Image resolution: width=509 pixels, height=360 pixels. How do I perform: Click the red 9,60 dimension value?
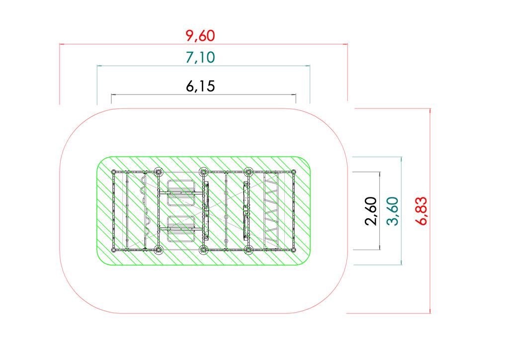tap(200, 36)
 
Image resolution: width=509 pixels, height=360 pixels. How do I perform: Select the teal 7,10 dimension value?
tap(200, 58)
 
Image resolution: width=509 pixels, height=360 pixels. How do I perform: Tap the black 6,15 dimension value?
tap(200, 87)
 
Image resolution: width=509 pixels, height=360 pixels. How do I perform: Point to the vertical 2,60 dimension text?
tap(371, 211)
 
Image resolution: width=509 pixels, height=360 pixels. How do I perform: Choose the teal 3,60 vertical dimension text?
tap(393, 211)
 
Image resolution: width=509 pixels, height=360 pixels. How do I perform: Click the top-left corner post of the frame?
tap(114, 172)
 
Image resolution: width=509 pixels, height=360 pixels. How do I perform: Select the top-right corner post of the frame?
tap(293, 172)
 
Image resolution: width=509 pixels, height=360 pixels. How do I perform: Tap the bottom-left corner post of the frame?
tap(114, 250)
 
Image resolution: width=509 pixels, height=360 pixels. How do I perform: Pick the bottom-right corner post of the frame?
tap(293, 250)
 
